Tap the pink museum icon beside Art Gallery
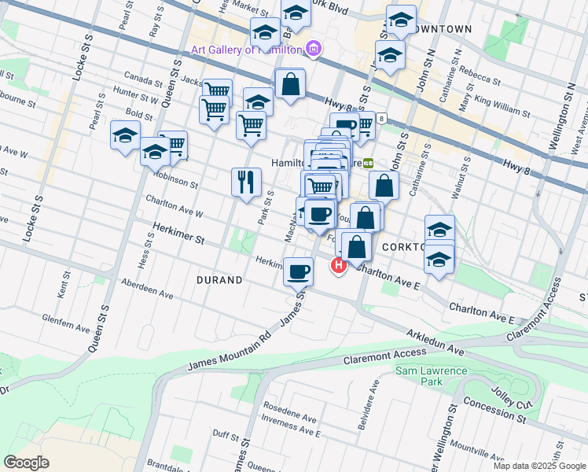[x=314, y=50]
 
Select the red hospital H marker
[x=339, y=267]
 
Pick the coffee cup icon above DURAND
[x=298, y=272]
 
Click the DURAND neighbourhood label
[x=219, y=279]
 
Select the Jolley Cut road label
[x=516, y=393]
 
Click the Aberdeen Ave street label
[x=146, y=289]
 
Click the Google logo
[x=27, y=462]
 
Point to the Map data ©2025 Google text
[x=539, y=466]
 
